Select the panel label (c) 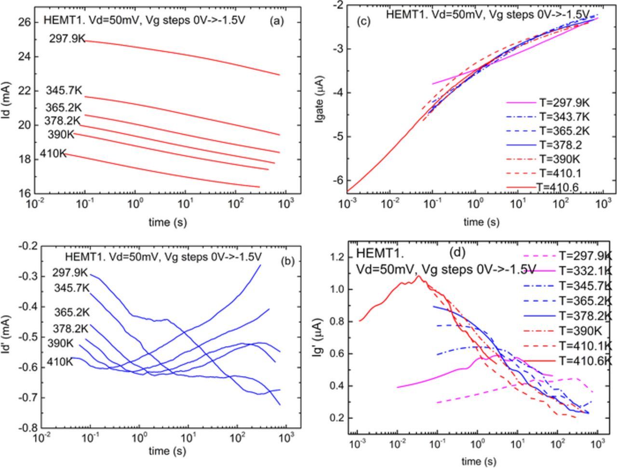point(363,22)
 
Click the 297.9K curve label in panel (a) point(67,39)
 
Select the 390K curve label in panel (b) point(60,344)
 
